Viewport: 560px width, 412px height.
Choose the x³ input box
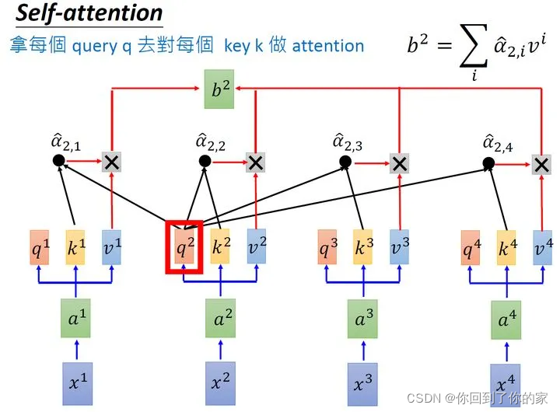pyautogui.click(x=362, y=384)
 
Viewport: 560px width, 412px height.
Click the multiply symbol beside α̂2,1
pyautogui.click(x=113, y=162)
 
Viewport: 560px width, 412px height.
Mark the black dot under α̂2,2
pyautogui.click(x=205, y=161)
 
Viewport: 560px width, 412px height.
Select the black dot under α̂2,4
pyautogui.click(x=488, y=163)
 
